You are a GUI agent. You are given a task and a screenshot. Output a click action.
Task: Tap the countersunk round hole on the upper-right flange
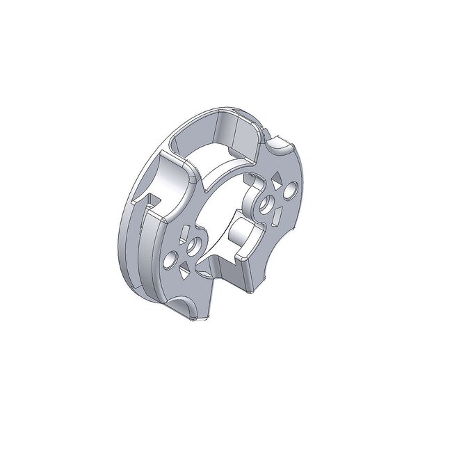(x=265, y=203)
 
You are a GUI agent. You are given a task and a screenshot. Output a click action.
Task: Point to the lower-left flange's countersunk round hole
(x=194, y=245)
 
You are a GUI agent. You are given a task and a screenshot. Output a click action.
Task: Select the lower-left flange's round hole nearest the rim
(x=168, y=263)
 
